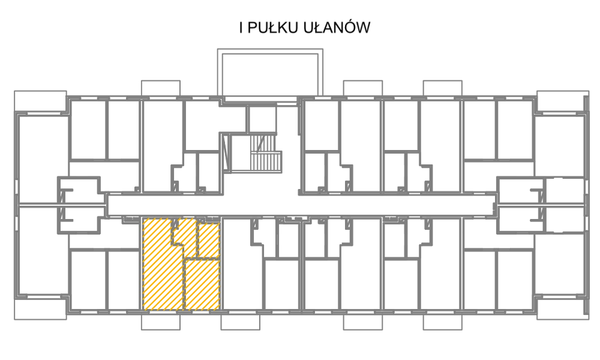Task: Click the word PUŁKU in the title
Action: coord(273,28)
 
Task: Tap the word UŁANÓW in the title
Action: coord(337,27)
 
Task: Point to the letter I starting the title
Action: coord(241,28)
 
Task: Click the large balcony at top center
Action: coord(270,51)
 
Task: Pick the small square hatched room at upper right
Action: coord(209,240)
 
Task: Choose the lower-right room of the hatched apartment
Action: coord(202,284)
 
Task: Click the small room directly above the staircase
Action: coord(262,119)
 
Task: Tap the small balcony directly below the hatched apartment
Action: coord(161,322)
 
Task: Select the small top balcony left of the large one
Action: coord(161,88)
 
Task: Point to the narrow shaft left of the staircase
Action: coord(226,152)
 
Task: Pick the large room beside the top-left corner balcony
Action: coord(43,159)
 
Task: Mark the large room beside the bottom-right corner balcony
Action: coord(559,264)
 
